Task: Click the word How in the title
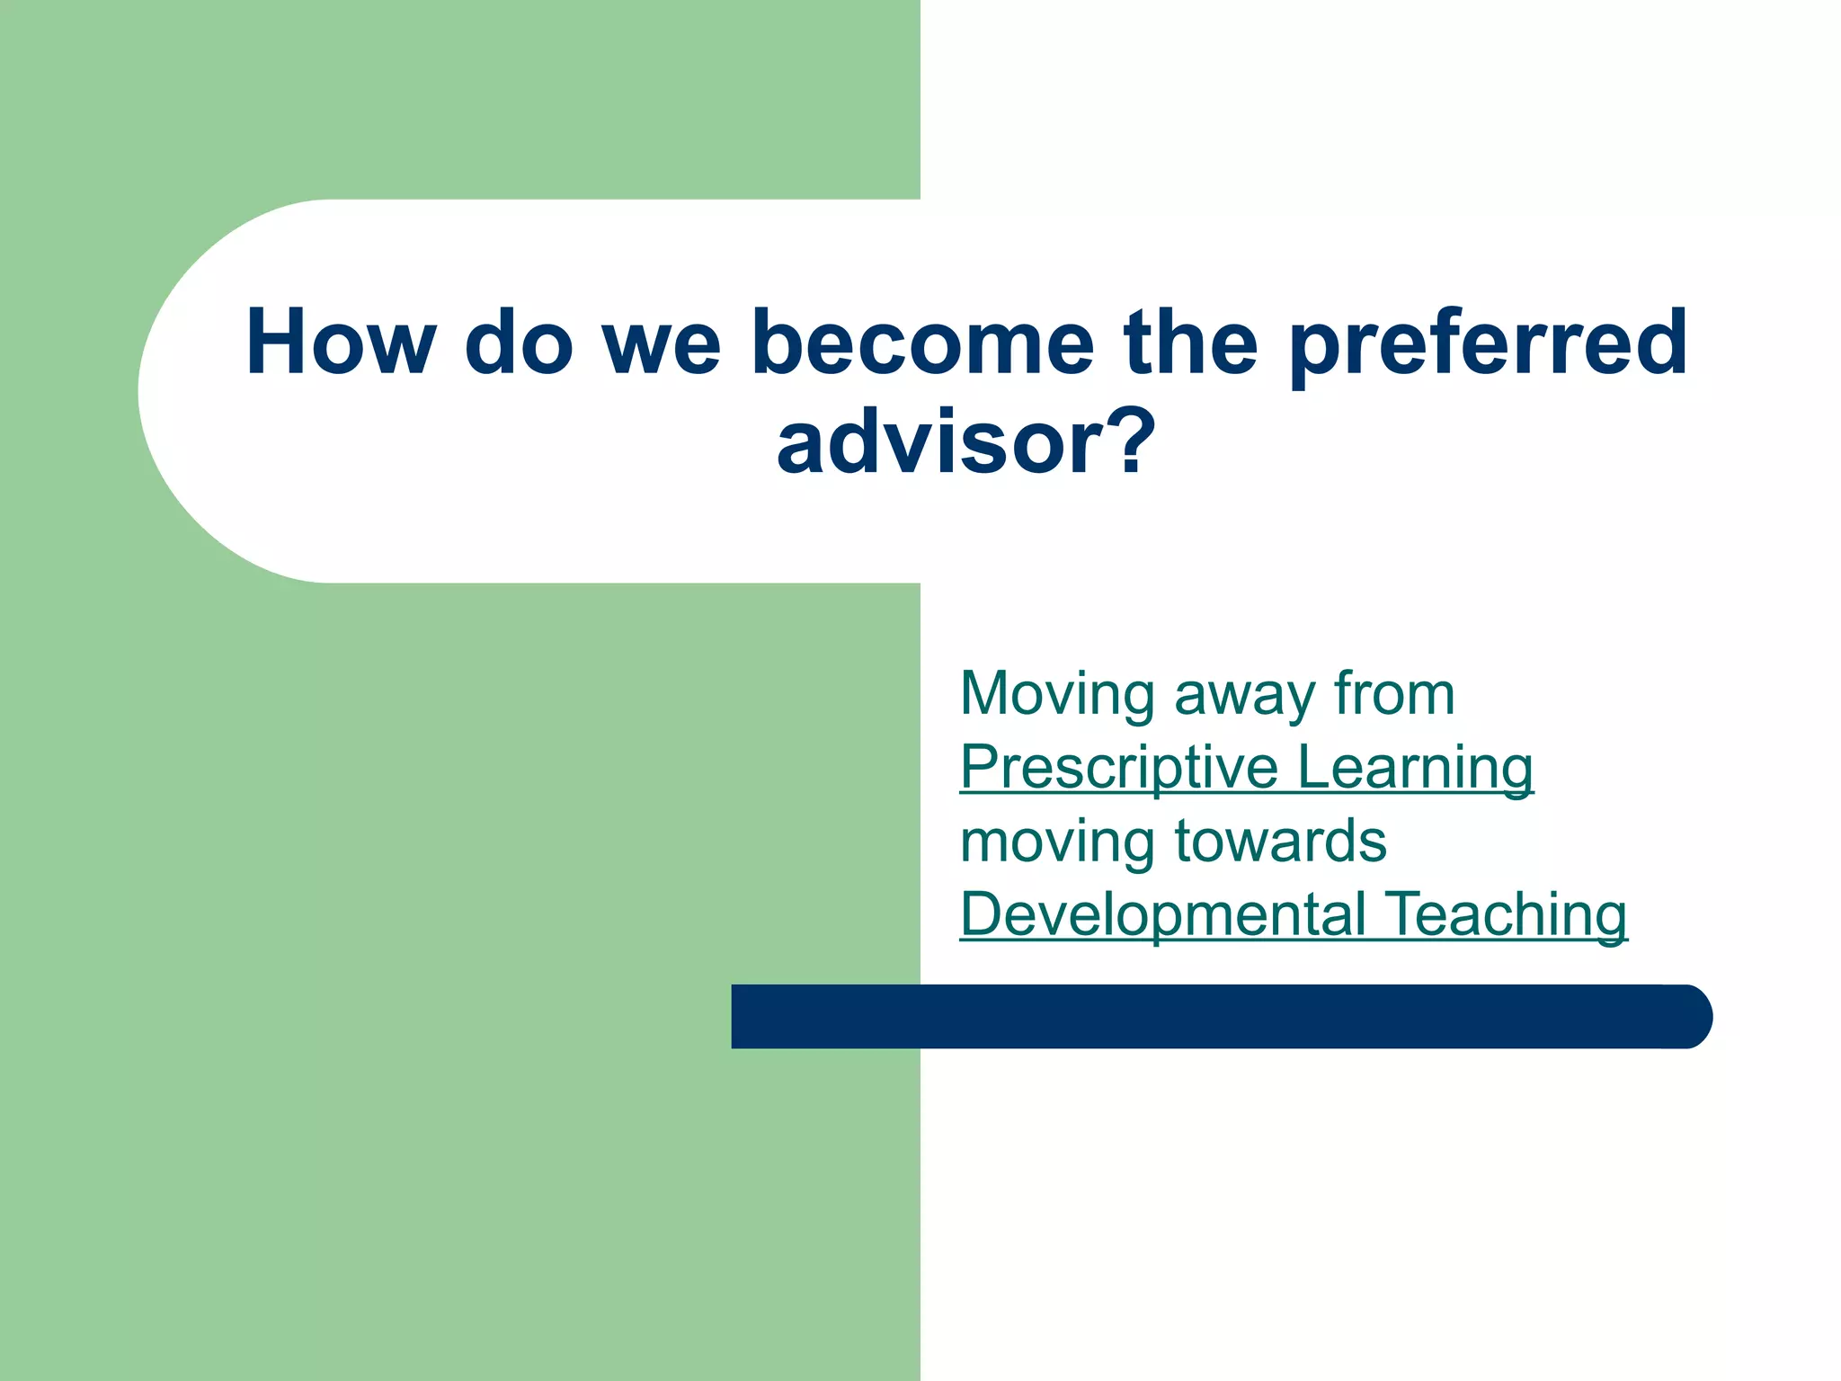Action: [341, 343]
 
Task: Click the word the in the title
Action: [1190, 343]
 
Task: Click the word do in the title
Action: [519, 343]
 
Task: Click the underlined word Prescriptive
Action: [1118, 769]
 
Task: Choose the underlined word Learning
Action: [1415, 769]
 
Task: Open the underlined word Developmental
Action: [1163, 915]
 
